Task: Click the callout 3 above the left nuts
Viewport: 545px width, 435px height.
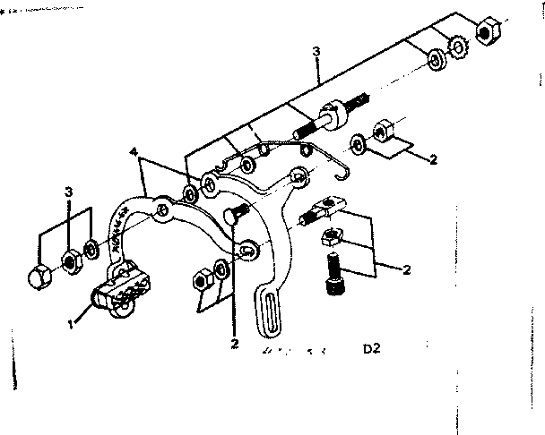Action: click(68, 192)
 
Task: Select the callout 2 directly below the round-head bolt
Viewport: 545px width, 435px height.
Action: click(234, 342)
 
